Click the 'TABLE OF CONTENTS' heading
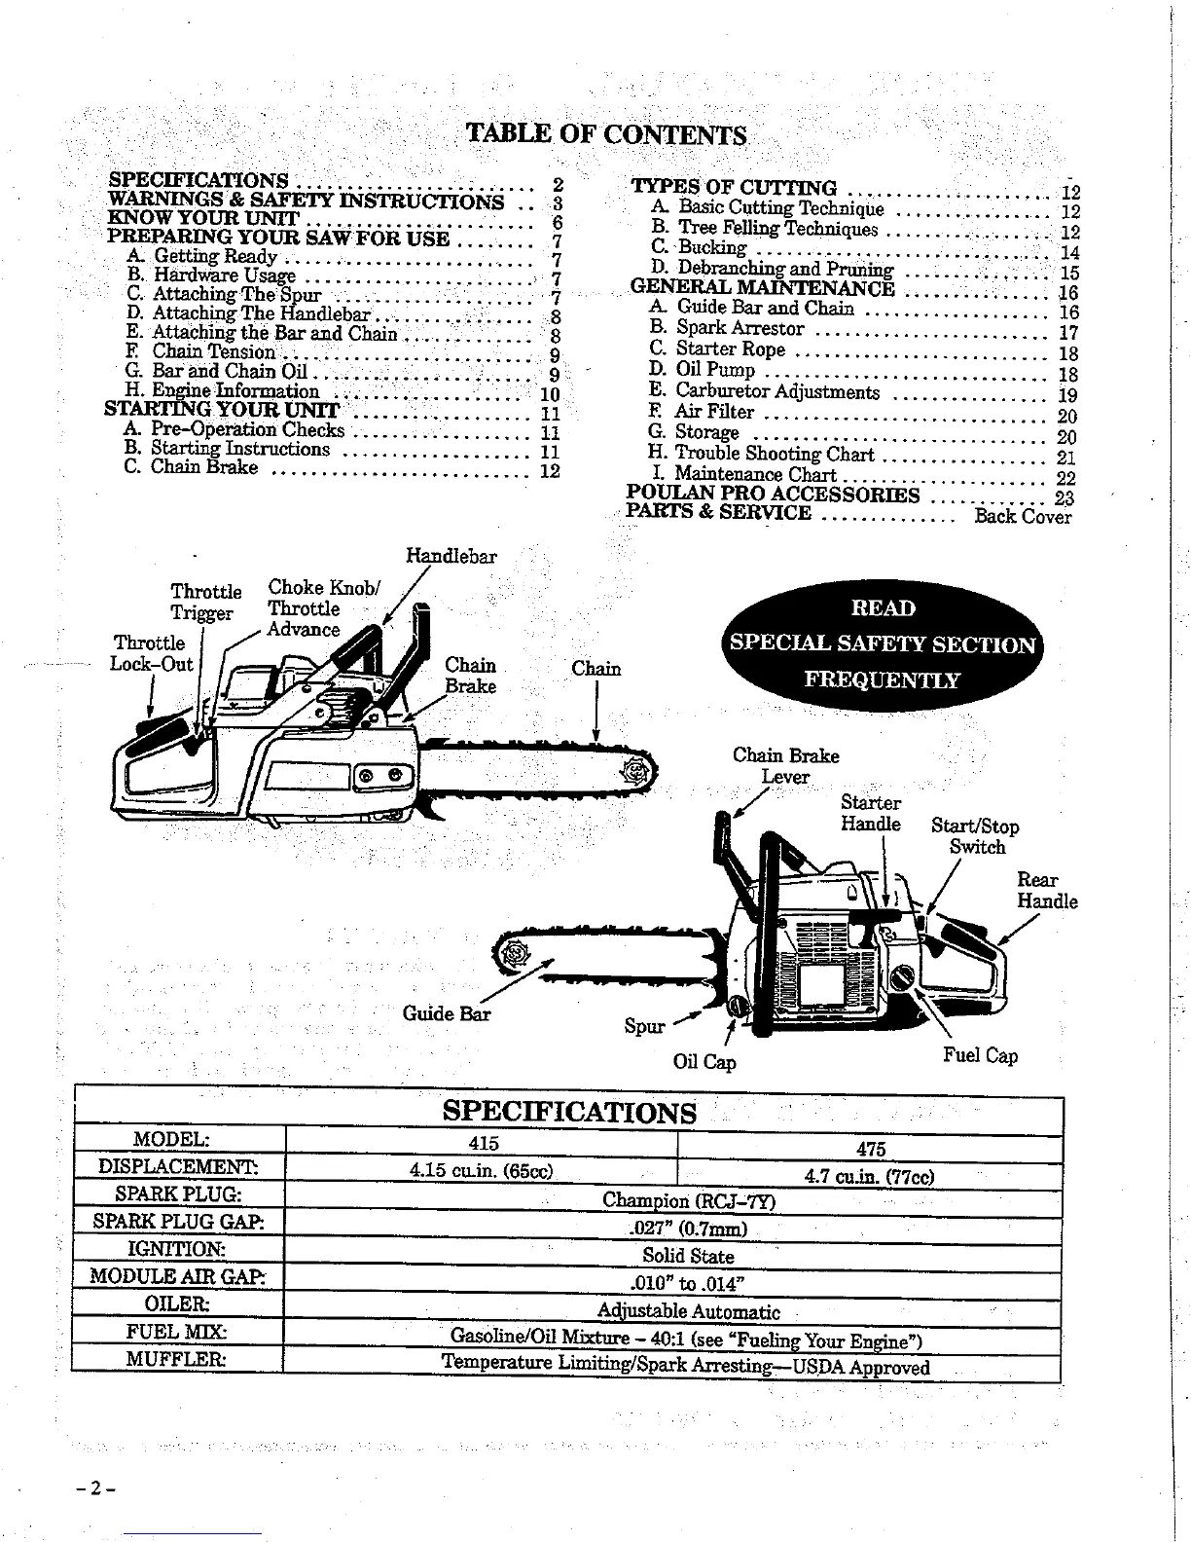[607, 132]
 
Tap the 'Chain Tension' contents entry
[214, 351]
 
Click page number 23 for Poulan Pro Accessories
[1064, 497]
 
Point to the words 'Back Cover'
[1023, 516]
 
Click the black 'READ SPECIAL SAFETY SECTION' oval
[884, 643]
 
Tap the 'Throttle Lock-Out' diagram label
[151, 653]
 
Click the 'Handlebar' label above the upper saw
[451, 557]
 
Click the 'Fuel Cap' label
[980, 1055]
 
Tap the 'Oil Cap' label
[704, 1061]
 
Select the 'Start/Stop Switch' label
[975, 836]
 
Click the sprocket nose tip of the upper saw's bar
[637, 772]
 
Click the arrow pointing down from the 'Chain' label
[595, 711]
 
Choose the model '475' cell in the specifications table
[870, 1149]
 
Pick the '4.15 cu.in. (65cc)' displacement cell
[482, 1170]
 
